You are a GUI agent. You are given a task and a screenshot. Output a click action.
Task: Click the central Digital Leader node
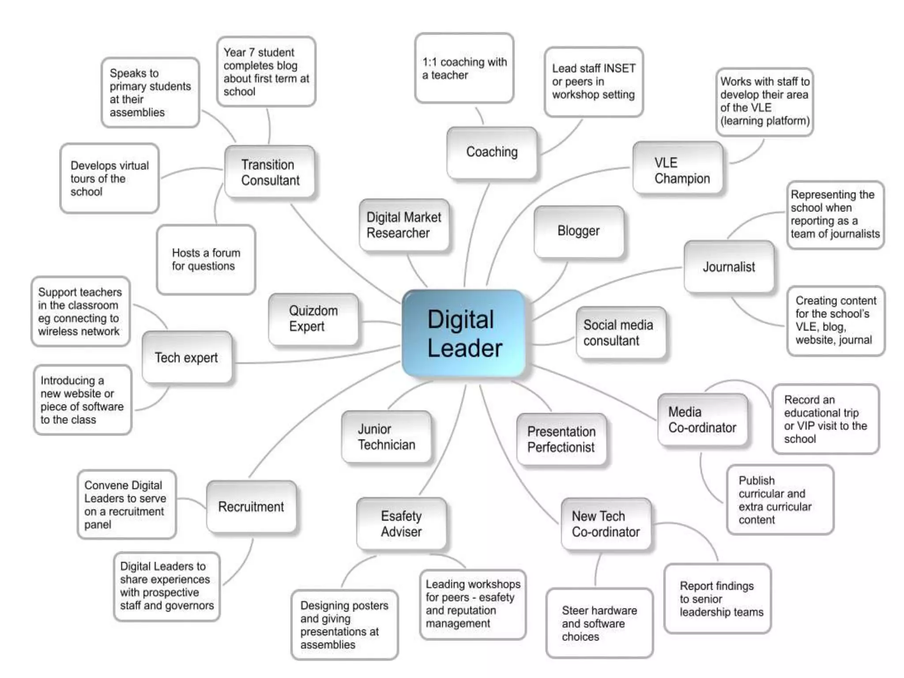point(464,334)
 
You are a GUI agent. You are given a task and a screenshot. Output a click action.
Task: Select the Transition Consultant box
point(270,172)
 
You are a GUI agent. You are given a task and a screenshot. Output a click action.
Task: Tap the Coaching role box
point(492,152)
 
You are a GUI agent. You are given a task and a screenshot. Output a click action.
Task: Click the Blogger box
point(579,231)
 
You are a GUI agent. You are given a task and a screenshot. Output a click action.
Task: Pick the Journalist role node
point(729,267)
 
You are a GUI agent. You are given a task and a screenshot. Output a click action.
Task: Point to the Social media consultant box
point(620,333)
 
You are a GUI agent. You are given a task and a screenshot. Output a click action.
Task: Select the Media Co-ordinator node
point(702,420)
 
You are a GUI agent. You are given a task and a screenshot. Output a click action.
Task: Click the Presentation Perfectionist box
point(561,439)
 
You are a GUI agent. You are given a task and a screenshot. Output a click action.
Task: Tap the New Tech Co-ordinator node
point(606,524)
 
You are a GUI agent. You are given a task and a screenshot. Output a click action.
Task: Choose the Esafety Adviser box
point(401,524)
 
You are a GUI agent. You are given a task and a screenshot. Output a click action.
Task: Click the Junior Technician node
point(386,437)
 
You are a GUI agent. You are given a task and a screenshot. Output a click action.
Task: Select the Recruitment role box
point(251,507)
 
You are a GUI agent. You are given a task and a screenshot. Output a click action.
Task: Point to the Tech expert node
point(187,358)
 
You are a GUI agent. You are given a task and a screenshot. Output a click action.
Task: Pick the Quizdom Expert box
point(313,319)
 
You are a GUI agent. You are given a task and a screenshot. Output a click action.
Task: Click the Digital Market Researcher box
point(404,225)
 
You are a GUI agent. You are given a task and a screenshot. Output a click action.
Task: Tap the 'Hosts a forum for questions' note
point(206,260)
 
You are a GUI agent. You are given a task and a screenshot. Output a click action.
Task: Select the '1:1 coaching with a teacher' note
point(464,68)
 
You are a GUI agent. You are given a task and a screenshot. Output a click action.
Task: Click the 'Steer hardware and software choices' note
point(599,623)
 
